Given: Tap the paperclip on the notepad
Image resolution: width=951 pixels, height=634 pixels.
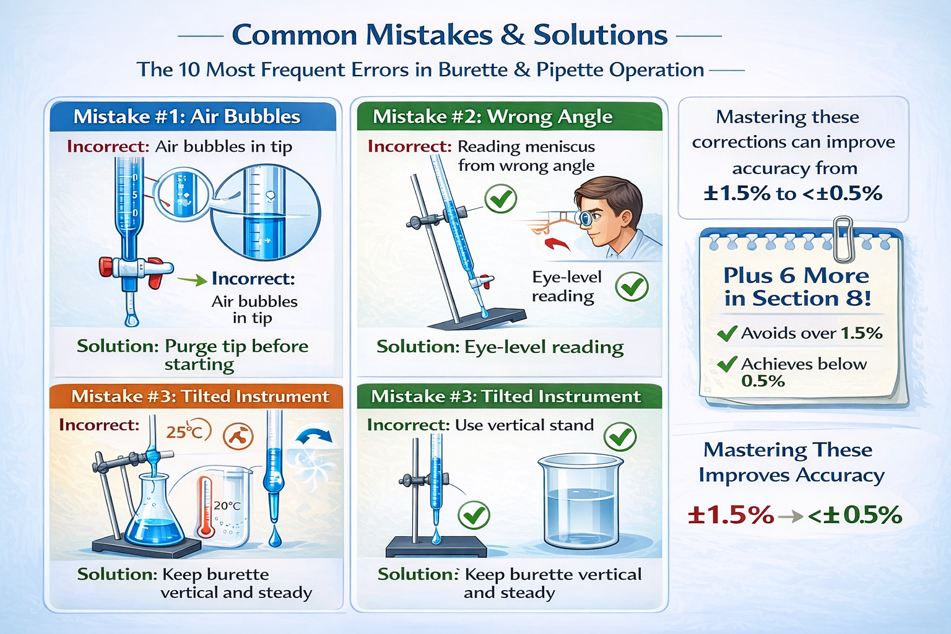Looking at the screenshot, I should pos(842,238).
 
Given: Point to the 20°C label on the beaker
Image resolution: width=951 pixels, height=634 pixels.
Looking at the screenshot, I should pos(227,506).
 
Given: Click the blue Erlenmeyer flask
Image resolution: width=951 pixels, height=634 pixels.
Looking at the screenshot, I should pos(153,517).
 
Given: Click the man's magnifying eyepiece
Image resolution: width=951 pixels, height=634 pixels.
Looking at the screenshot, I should pos(584,217).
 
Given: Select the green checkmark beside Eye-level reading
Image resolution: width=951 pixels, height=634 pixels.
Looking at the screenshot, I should pos(632,287).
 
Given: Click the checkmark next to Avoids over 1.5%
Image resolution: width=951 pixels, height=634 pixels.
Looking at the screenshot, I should pos(727,334).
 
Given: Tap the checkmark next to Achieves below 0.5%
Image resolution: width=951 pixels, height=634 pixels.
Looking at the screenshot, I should pos(727,364).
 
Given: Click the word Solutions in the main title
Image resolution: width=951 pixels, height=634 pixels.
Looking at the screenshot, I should pos(600,35).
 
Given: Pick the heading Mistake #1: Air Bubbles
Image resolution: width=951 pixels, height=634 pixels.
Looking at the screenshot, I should pos(186,117).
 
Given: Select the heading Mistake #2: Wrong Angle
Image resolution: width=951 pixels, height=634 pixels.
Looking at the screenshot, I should pos(492,117).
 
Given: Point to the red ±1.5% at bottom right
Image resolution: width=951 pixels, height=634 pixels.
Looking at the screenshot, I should pos(731,515).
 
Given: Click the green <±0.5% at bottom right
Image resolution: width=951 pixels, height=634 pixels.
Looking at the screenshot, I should pos(854,515).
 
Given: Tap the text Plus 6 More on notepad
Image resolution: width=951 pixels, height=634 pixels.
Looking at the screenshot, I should pos(796,276).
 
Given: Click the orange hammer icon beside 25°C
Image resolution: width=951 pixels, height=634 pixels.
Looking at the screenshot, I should pos(238,436).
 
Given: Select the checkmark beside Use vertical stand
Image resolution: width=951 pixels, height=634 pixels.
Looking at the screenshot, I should pos(620,437).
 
